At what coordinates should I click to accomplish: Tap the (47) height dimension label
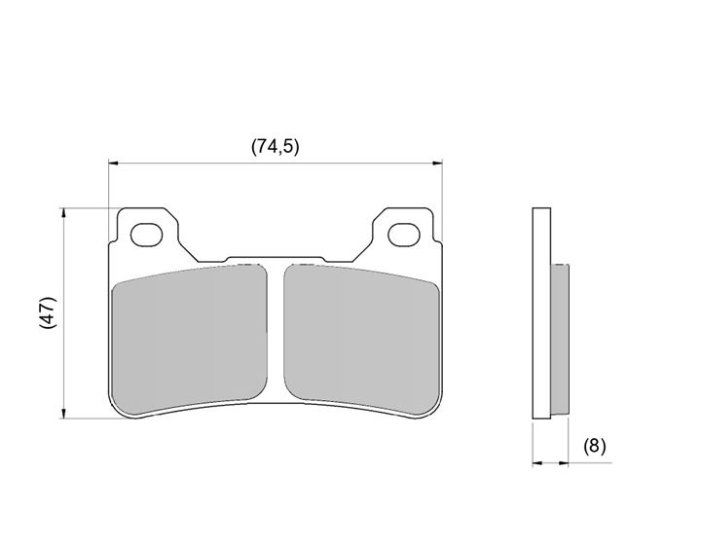point(49,312)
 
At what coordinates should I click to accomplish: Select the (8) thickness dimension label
point(595,446)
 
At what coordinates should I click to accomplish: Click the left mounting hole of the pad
point(146,235)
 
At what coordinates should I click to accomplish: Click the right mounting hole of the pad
point(404,235)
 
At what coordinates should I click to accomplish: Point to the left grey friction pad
point(190,338)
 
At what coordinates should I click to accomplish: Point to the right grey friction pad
point(361,338)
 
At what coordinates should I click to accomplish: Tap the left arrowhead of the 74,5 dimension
point(113,164)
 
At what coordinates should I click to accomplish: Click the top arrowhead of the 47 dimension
point(64,213)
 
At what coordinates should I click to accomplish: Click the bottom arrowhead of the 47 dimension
point(64,414)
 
